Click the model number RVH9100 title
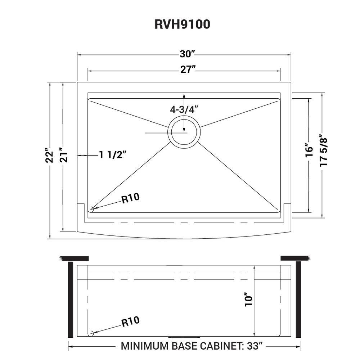pyautogui.click(x=182, y=24)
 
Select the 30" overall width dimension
pyautogui.click(x=187, y=54)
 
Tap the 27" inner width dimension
pyautogui.click(x=188, y=70)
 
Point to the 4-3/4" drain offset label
pyautogui.click(x=184, y=109)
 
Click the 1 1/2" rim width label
pyautogui.click(x=113, y=155)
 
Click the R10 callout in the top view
pyautogui.click(x=130, y=198)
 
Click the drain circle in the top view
pyautogui.click(x=184, y=132)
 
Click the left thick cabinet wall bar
pyautogui.click(x=71, y=300)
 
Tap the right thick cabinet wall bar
pyautogui.click(x=298, y=300)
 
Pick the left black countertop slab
pyautogui.click(x=75, y=258)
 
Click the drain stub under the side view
pyautogui.click(x=184, y=337)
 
